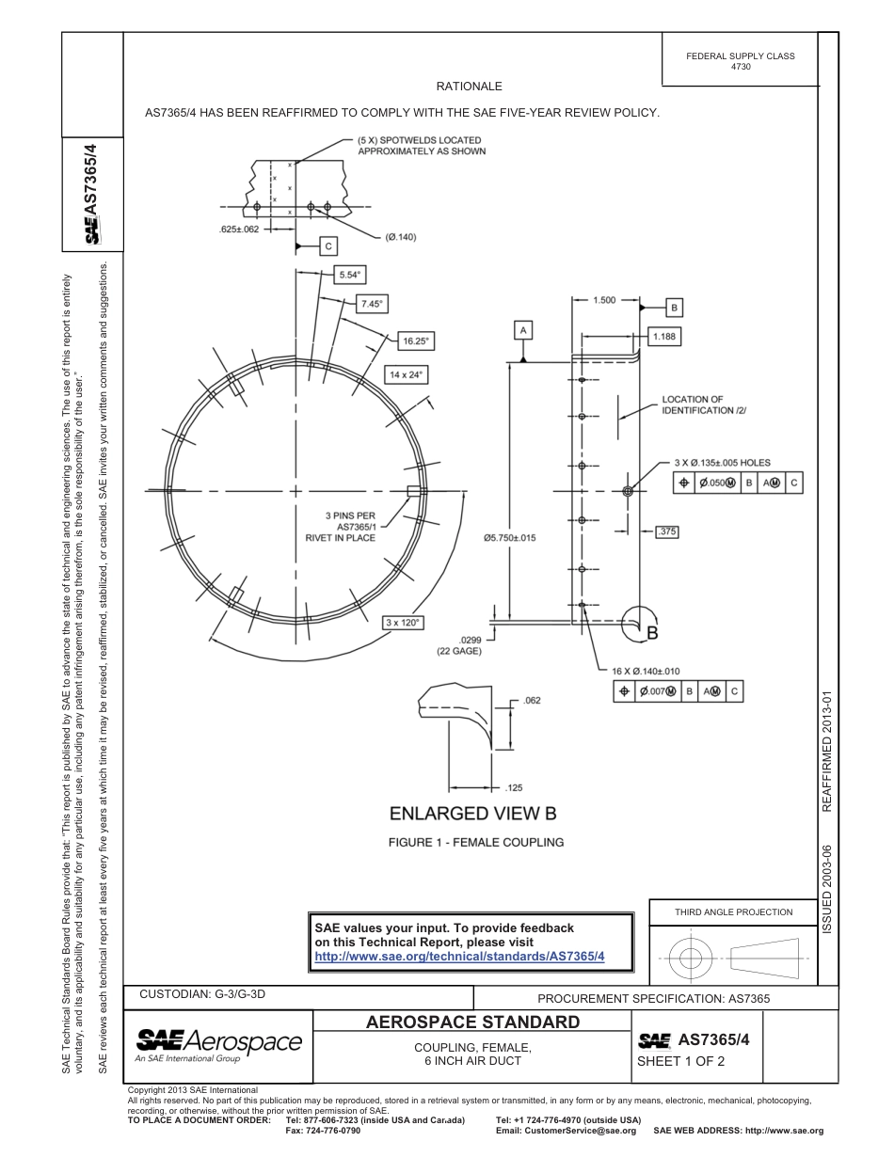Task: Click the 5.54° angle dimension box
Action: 350,276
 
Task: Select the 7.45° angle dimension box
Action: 373,304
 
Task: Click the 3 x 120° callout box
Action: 404,623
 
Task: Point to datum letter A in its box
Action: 523,329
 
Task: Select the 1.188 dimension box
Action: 665,336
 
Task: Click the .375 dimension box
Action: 666,531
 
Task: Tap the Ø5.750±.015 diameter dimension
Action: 509,538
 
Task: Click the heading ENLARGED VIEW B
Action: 466,813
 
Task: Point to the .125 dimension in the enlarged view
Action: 514,787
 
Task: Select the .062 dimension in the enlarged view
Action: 532,701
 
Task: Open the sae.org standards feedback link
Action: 459,956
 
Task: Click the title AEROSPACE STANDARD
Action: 472,1022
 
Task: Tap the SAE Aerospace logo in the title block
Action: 219,1042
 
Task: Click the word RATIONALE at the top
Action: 469,87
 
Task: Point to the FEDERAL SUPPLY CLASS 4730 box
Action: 740,61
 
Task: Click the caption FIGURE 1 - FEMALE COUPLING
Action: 476,842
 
